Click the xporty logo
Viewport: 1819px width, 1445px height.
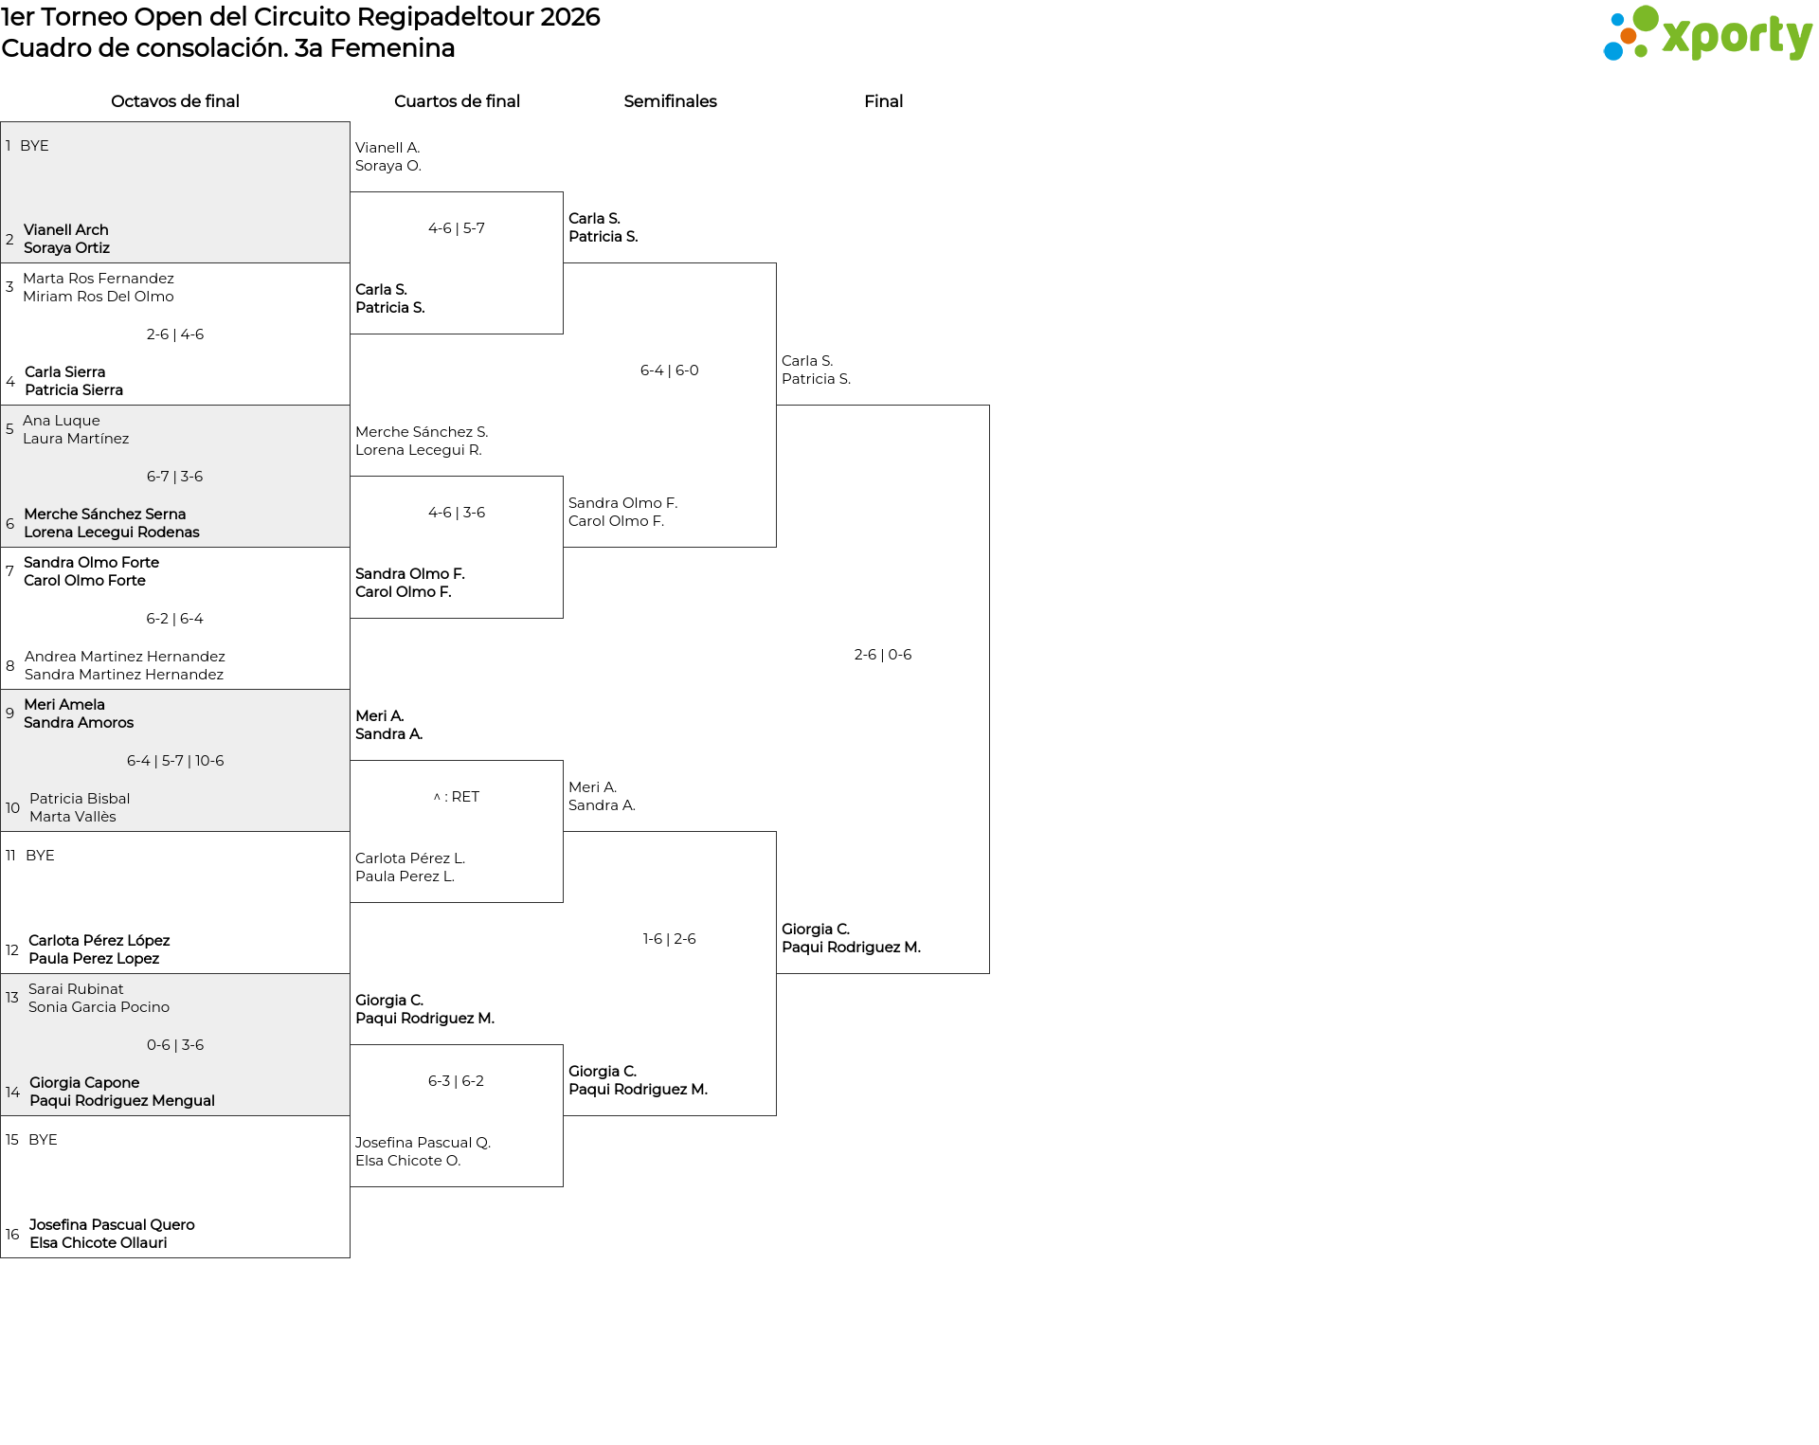click(1707, 34)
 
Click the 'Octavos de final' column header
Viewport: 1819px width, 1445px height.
click(175, 101)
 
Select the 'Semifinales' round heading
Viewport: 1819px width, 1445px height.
click(670, 101)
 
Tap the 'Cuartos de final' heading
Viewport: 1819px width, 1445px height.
click(457, 101)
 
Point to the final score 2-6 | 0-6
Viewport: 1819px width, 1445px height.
click(883, 655)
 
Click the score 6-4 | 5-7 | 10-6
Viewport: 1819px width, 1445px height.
click(175, 761)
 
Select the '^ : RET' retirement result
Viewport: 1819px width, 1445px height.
click(457, 797)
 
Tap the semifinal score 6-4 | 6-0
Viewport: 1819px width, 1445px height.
click(670, 370)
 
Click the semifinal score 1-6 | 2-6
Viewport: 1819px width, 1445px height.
click(670, 939)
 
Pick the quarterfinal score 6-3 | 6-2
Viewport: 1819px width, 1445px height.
click(457, 1081)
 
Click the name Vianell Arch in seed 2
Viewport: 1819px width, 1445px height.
click(66, 230)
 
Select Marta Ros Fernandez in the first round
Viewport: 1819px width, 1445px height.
click(99, 279)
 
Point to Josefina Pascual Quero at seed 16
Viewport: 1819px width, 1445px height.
click(112, 1225)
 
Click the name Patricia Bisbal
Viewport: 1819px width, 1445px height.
click(80, 799)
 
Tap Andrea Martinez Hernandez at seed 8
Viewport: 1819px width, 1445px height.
click(125, 657)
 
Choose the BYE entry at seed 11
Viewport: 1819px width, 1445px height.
click(40, 856)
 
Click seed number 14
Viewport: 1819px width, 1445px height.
click(12, 1093)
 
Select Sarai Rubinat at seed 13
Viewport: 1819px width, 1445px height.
click(76, 989)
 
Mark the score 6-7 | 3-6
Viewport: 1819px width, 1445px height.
click(175, 477)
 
